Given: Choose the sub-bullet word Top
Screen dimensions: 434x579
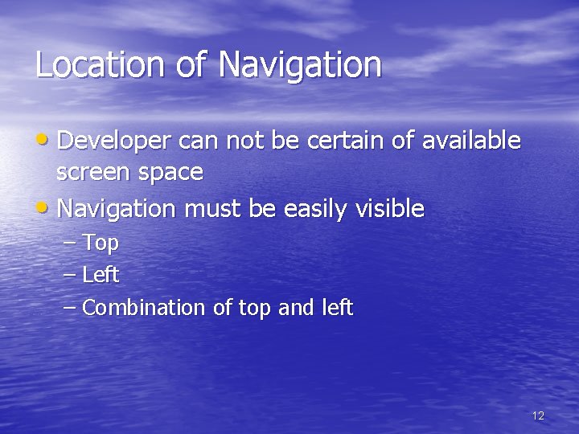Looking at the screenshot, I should coord(101,244).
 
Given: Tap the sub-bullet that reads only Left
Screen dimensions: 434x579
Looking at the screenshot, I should coord(101,275).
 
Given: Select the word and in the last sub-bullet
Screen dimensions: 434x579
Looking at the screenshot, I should coord(295,307).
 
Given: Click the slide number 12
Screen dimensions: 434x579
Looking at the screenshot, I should coord(538,416).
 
